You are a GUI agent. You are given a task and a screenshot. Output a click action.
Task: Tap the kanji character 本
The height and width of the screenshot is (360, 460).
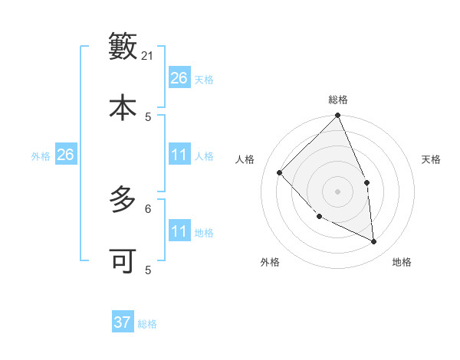tap(123, 106)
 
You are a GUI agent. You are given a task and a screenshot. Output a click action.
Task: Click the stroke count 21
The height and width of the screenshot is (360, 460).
tap(149, 56)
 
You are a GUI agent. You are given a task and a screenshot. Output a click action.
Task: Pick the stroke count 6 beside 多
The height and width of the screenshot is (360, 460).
tap(148, 208)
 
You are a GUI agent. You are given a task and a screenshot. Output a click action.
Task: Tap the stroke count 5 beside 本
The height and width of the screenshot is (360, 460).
tap(148, 116)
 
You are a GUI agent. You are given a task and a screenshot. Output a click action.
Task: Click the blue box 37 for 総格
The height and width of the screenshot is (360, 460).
tap(123, 322)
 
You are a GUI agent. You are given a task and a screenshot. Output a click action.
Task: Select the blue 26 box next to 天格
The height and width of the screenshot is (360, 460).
tap(179, 78)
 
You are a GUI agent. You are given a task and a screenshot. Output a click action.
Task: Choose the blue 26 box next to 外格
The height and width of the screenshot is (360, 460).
tap(65, 155)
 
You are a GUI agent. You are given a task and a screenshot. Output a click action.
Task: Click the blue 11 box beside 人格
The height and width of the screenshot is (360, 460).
tap(179, 155)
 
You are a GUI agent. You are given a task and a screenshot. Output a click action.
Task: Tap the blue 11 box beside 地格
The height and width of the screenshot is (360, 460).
tap(179, 231)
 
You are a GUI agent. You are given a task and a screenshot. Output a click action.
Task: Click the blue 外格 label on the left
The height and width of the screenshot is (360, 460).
tap(41, 156)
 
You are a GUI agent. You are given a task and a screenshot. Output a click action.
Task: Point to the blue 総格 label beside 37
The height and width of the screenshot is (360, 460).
tap(147, 324)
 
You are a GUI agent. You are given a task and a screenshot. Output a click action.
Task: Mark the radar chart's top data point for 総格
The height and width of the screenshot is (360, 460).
tap(337, 116)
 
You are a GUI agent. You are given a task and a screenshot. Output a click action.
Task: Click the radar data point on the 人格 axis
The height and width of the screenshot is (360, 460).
tap(280, 172)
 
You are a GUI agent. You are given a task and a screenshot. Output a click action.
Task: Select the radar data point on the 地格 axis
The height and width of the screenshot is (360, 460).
tap(373, 241)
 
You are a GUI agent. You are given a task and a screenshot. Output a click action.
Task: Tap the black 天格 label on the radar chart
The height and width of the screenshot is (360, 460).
tap(431, 159)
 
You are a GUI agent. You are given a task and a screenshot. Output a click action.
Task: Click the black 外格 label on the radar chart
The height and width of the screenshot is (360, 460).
tap(270, 262)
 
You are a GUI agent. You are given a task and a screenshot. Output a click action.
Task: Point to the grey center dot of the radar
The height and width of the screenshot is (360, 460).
tap(337, 191)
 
